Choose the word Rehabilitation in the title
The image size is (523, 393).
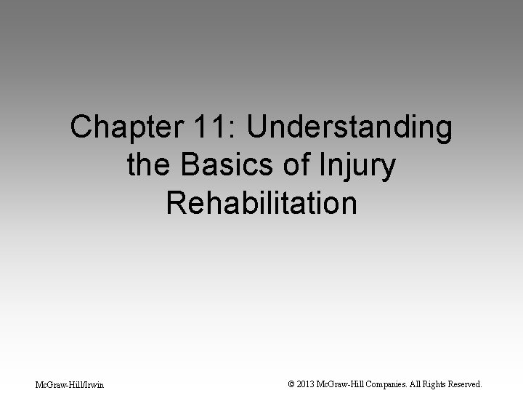coord(261,203)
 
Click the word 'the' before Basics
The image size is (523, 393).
coord(149,166)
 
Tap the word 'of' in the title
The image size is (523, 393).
coord(293,166)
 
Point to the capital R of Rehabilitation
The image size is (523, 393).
coord(177,203)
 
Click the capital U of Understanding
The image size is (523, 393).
coord(259,129)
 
